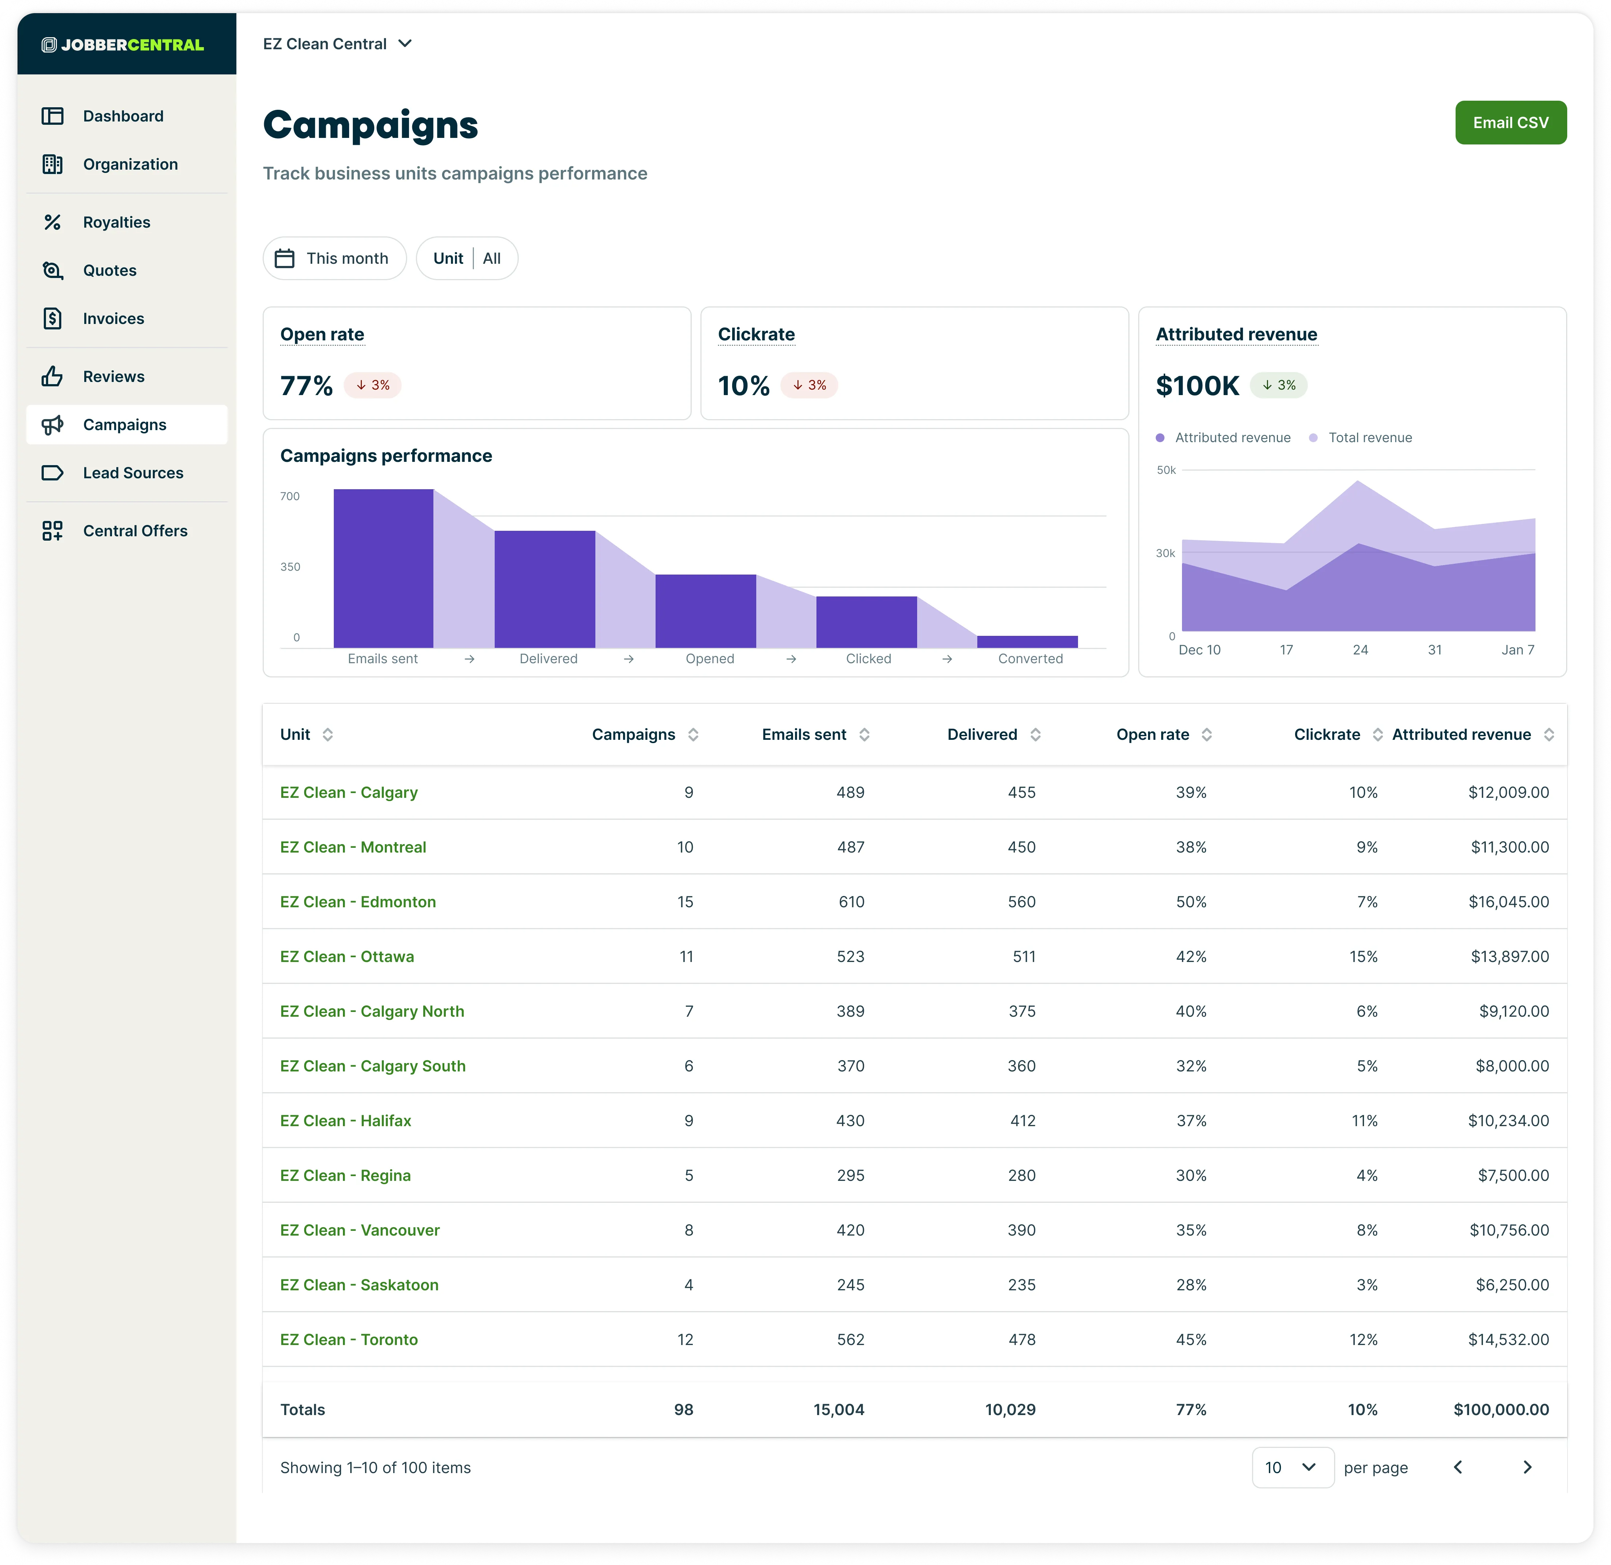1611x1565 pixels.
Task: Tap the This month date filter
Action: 335,258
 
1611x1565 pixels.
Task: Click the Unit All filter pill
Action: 467,258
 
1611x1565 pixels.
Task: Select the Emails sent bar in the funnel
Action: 383,568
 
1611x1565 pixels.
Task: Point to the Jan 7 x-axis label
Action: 1517,649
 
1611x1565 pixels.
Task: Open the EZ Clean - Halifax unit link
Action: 345,1120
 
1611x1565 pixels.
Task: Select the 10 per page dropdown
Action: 1292,1467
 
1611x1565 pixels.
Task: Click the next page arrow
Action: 1527,1467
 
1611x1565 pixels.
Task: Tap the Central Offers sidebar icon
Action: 53,531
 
